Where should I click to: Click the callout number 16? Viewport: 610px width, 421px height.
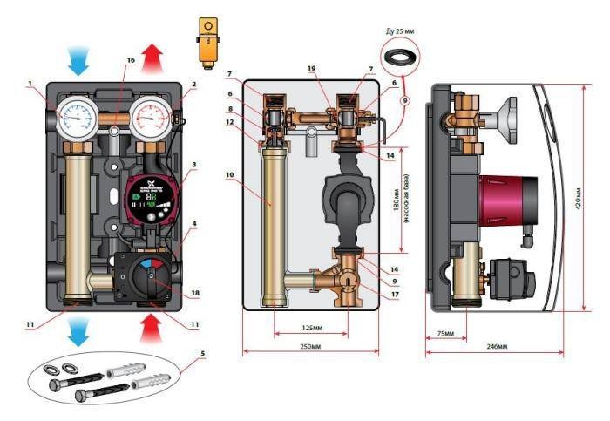pyautogui.click(x=131, y=60)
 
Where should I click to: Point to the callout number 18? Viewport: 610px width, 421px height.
pyautogui.click(x=196, y=294)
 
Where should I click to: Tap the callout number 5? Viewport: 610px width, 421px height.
pyautogui.click(x=203, y=354)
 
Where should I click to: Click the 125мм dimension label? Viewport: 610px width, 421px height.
pyautogui.click(x=308, y=328)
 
